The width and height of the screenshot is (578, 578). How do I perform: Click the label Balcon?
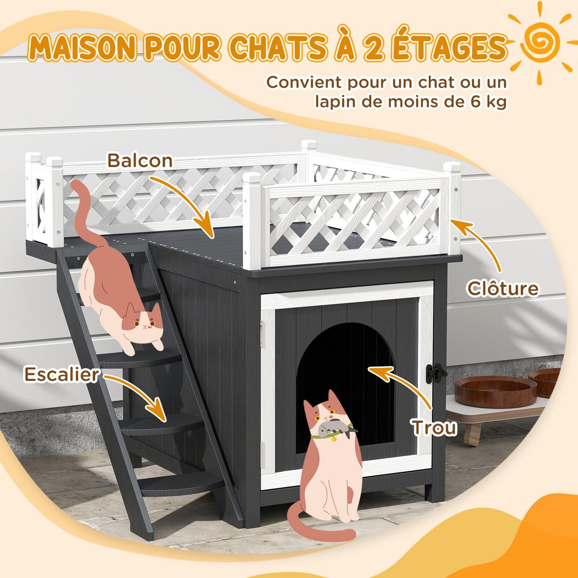(x=140, y=160)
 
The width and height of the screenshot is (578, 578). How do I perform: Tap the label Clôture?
(x=503, y=289)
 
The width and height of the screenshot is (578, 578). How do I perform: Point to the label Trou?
(x=433, y=426)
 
